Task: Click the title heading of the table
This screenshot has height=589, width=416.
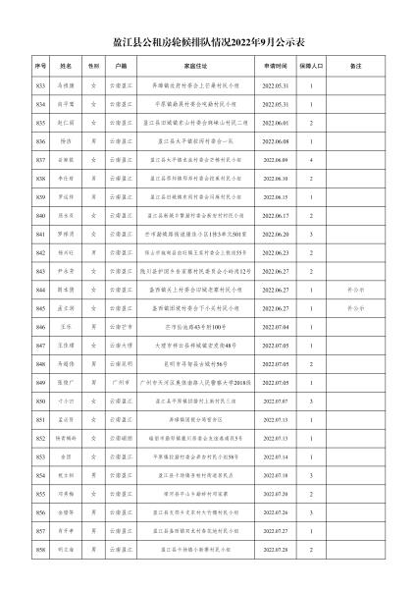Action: coord(208,44)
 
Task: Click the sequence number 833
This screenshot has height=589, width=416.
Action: coord(41,86)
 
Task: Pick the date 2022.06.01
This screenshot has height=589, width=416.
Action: coord(275,124)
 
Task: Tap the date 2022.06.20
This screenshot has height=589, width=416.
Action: coord(275,235)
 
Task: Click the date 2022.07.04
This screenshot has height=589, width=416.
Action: coord(275,328)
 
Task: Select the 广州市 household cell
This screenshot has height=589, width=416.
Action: coord(121,383)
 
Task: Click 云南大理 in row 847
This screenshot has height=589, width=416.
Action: coord(121,347)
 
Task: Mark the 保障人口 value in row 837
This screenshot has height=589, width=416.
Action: coord(312,160)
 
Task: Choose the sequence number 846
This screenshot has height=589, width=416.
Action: coord(41,328)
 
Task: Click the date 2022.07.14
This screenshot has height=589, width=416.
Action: coord(275,457)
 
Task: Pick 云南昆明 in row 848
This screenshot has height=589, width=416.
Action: coord(121,364)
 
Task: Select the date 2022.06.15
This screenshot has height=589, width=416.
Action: coord(275,197)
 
